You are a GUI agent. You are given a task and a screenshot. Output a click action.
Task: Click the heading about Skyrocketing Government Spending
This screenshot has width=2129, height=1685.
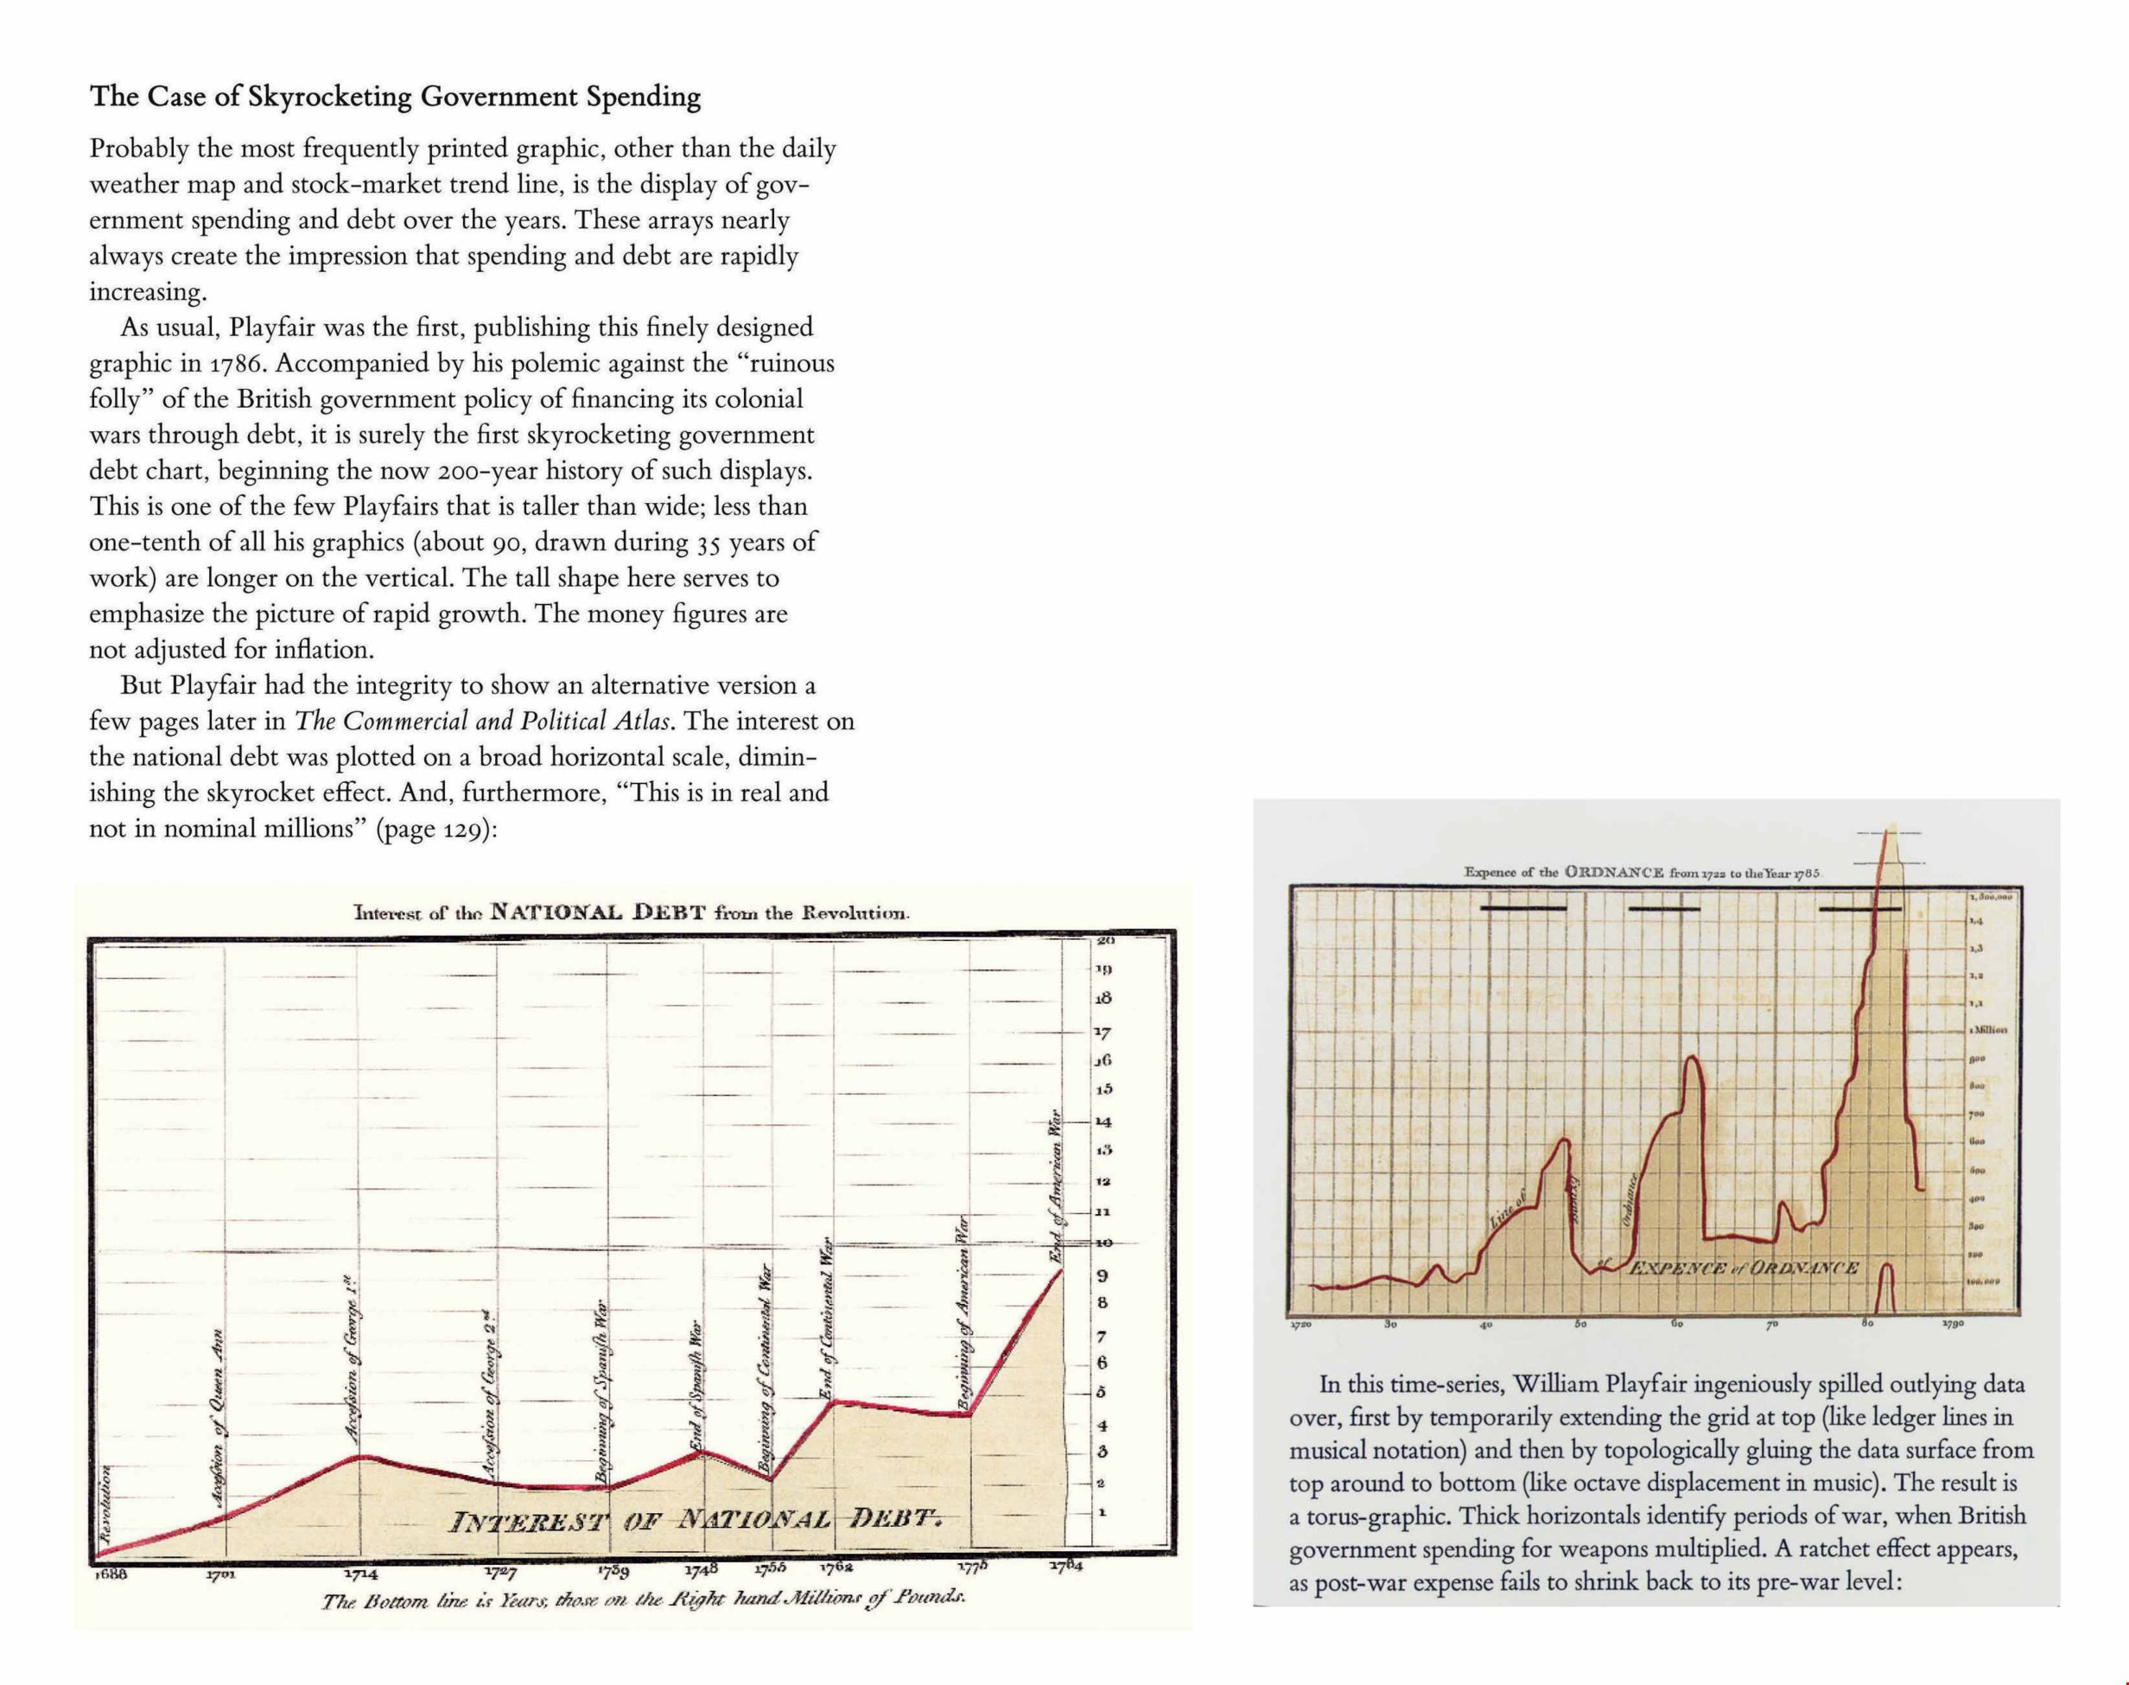(x=395, y=97)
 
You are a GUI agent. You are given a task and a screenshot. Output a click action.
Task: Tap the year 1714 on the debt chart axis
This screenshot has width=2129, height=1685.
(x=361, y=1574)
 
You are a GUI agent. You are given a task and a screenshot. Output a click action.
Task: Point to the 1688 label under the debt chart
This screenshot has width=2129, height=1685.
(x=111, y=1574)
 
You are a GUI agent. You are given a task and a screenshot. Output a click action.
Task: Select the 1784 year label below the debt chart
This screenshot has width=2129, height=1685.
(x=1064, y=1566)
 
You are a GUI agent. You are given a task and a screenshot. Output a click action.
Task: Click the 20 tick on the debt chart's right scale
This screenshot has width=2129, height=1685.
(x=1104, y=941)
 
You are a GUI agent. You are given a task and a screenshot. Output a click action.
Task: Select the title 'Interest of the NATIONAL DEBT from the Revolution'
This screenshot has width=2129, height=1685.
(x=632, y=912)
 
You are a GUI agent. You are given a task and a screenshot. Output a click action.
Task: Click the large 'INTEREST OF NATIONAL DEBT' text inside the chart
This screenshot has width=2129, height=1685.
(x=696, y=1520)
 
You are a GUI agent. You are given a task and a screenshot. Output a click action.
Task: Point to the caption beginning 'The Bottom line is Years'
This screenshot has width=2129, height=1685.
(x=642, y=1599)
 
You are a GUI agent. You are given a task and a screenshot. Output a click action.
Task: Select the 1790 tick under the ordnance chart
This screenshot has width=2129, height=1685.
(x=1951, y=1323)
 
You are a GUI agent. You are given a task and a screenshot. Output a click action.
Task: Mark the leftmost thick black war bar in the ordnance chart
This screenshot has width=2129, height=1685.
(x=1523, y=907)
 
